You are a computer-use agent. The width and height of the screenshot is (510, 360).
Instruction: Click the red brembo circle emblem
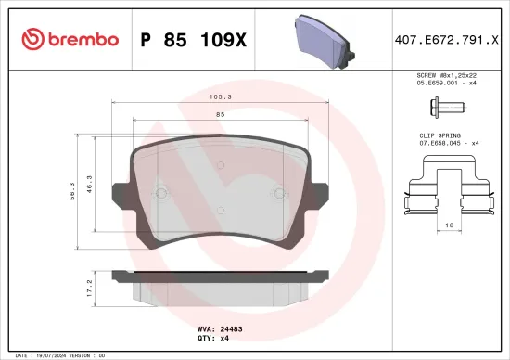point(32,39)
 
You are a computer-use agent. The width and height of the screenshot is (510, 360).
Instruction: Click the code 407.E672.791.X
point(448,39)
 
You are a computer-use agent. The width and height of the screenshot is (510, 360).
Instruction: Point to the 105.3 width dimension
point(220,96)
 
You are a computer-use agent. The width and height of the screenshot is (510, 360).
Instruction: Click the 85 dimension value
point(220,114)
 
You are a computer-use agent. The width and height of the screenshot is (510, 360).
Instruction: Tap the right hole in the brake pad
point(278,193)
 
